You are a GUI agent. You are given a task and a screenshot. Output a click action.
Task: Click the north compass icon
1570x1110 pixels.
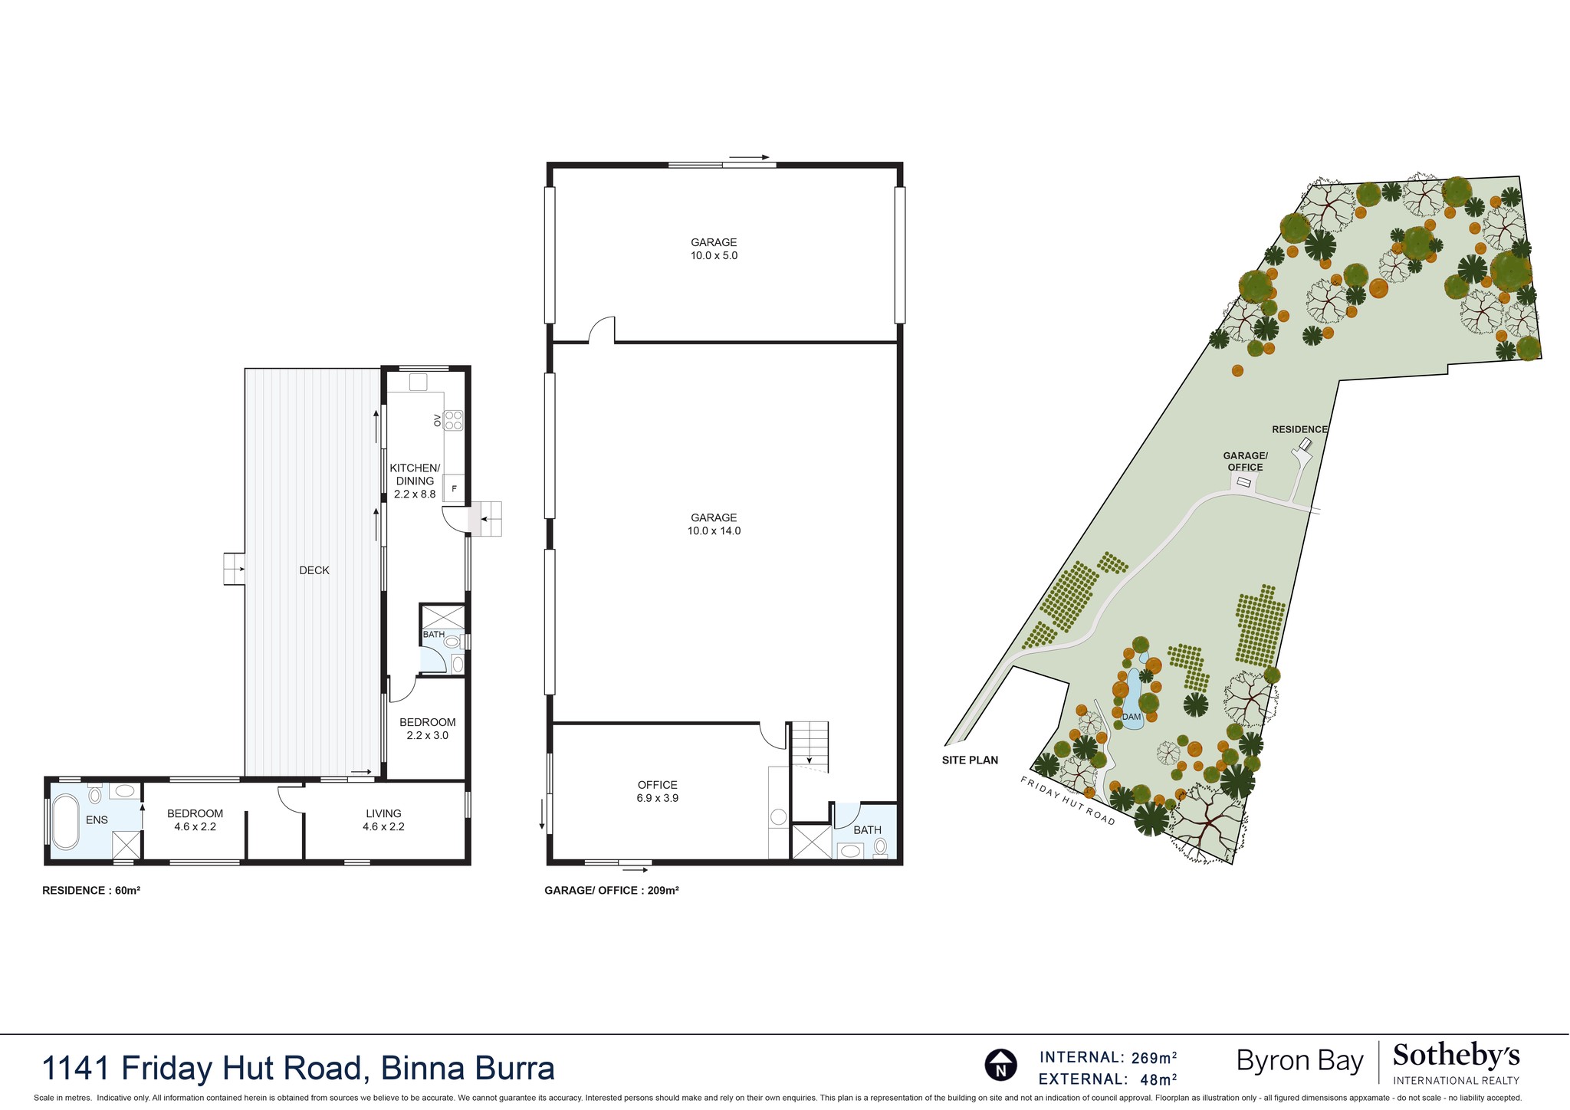[x=1000, y=1066]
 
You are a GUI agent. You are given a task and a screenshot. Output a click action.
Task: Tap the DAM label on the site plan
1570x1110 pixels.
[x=1132, y=717]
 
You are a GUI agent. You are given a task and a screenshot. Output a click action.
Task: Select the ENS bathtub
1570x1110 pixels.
[x=65, y=822]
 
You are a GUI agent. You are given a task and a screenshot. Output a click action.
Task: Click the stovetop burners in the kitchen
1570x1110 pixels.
[x=454, y=420]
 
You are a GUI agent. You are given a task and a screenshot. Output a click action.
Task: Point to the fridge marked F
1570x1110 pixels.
[x=454, y=488]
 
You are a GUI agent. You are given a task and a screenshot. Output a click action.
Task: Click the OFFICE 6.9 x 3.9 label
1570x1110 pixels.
[x=658, y=791]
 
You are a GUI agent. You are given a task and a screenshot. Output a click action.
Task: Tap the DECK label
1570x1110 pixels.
[x=314, y=570]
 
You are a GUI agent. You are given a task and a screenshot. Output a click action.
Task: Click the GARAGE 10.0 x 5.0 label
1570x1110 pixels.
[x=714, y=249]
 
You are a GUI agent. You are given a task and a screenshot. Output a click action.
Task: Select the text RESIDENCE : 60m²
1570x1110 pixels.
[x=91, y=891]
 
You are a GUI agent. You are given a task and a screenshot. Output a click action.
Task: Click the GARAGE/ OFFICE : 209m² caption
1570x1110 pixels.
[x=612, y=891]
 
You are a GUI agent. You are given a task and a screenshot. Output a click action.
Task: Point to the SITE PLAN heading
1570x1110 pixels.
[x=970, y=760]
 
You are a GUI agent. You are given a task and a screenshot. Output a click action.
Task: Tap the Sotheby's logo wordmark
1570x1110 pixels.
[x=1456, y=1056]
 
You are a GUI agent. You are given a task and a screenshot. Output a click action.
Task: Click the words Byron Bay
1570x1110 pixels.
[x=1299, y=1062]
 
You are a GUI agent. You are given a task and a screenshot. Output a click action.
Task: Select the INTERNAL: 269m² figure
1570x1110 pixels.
[x=1108, y=1058]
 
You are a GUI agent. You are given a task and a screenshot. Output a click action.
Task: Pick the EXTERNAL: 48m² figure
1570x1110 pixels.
[x=1108, y=1079]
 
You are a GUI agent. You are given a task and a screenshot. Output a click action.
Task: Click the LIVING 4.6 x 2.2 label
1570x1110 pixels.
[x=383, y=820]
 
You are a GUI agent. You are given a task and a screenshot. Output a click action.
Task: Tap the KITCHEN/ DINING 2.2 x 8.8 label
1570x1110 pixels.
[x=415, y=481]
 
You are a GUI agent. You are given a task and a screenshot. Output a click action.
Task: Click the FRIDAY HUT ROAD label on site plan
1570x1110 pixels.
[x=1067, y=800]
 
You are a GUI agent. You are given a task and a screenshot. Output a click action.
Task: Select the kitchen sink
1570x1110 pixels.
[x=418, y=382]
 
